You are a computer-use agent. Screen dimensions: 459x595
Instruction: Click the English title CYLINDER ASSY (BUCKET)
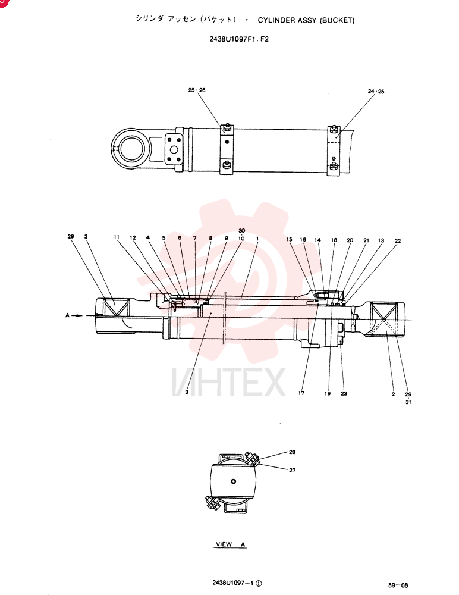point(306,20)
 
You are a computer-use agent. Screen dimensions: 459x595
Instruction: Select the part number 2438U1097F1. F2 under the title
point(239,39)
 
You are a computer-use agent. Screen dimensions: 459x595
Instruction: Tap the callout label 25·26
point(196,90)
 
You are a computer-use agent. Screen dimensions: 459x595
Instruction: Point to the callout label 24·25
point(376,92)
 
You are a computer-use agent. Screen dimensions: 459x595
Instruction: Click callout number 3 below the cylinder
point(187,392)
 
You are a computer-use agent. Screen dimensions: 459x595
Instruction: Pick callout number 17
point(301,393)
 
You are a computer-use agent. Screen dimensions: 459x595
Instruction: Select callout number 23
point(344,393)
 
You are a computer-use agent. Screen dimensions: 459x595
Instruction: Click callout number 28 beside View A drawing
point(292,452)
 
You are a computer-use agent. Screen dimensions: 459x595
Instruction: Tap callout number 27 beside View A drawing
point(292,470)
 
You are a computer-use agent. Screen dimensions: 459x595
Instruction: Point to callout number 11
point(117,237)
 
